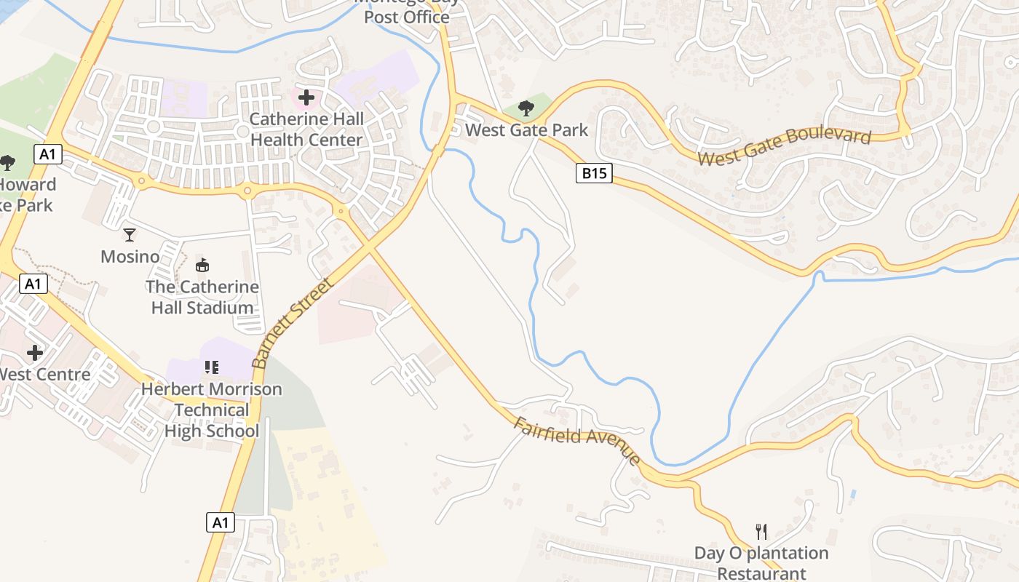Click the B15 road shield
[x=594, y=173]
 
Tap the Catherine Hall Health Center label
[x=306, y=129]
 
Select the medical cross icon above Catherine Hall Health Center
[x=306, y=97]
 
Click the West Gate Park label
[x=526, y=130]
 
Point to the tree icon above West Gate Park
[x=526, y=109]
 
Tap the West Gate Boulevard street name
[x=784, y=148]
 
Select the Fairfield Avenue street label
[x=577, y=441]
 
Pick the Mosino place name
[x=130, y=257]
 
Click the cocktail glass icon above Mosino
[x=130, y=234]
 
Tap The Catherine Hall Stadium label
[x=202, y=297]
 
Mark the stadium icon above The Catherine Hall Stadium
[x=202, y=266]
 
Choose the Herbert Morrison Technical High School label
[x=211, y=410]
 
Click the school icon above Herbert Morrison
[x=212, y=367]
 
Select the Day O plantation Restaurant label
[x=761, y=563]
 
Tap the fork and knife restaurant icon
[x=761, y=531]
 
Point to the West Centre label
[x=44, y=375]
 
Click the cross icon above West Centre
[x=34, y=354]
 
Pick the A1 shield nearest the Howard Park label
[x=47, y=154]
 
